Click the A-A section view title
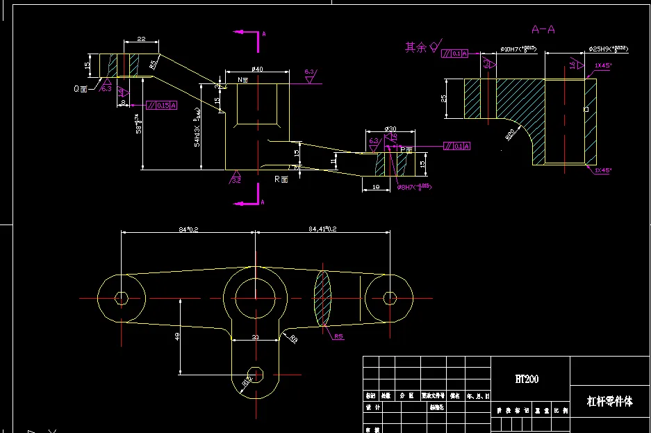543,29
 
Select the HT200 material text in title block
526,379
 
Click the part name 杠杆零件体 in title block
610,401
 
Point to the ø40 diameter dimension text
256,69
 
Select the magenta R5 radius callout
338,336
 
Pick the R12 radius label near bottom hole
246,380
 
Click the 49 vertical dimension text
177,336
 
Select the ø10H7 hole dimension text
517,49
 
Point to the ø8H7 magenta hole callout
414,187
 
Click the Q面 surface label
81,89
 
